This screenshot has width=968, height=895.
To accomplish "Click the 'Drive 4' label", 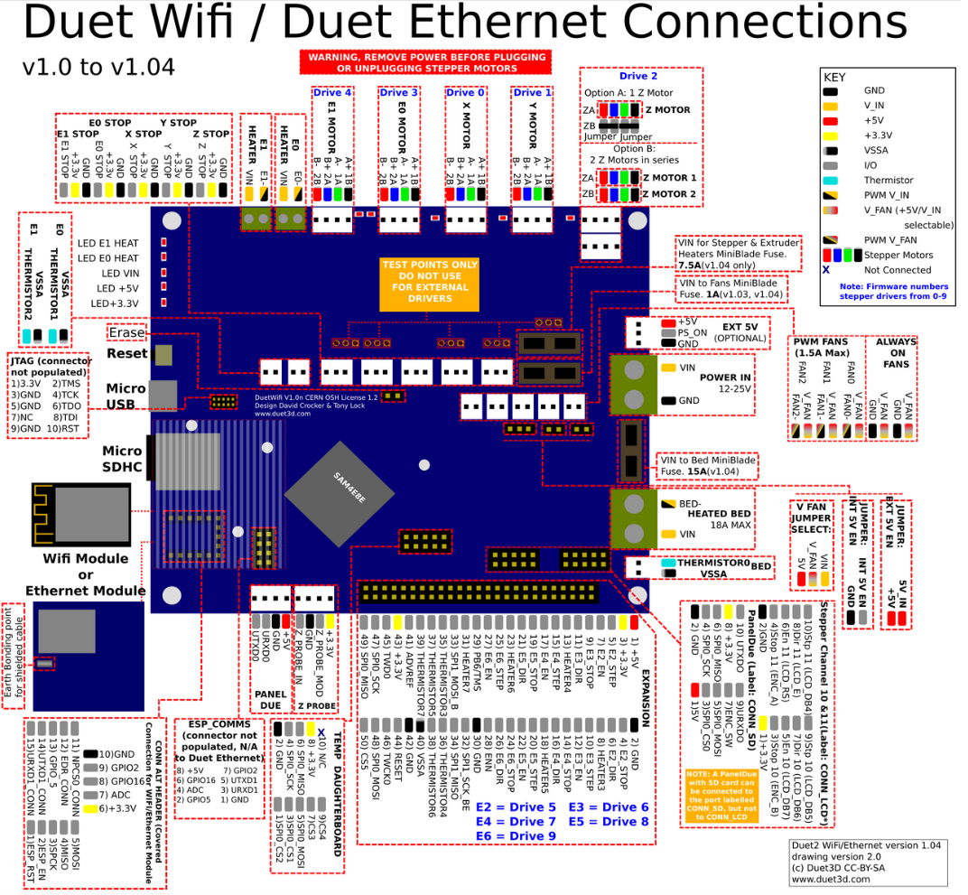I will (332, 92).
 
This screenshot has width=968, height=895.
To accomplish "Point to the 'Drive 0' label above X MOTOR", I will (465, 92).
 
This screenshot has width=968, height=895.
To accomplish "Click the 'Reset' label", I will (126, 352).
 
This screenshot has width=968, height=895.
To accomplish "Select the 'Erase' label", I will (126, 331).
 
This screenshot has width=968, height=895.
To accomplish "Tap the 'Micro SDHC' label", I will (122, 459).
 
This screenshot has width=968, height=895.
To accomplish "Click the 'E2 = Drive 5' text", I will (516, 806).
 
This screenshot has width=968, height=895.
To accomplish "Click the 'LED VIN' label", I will (121, 273).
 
